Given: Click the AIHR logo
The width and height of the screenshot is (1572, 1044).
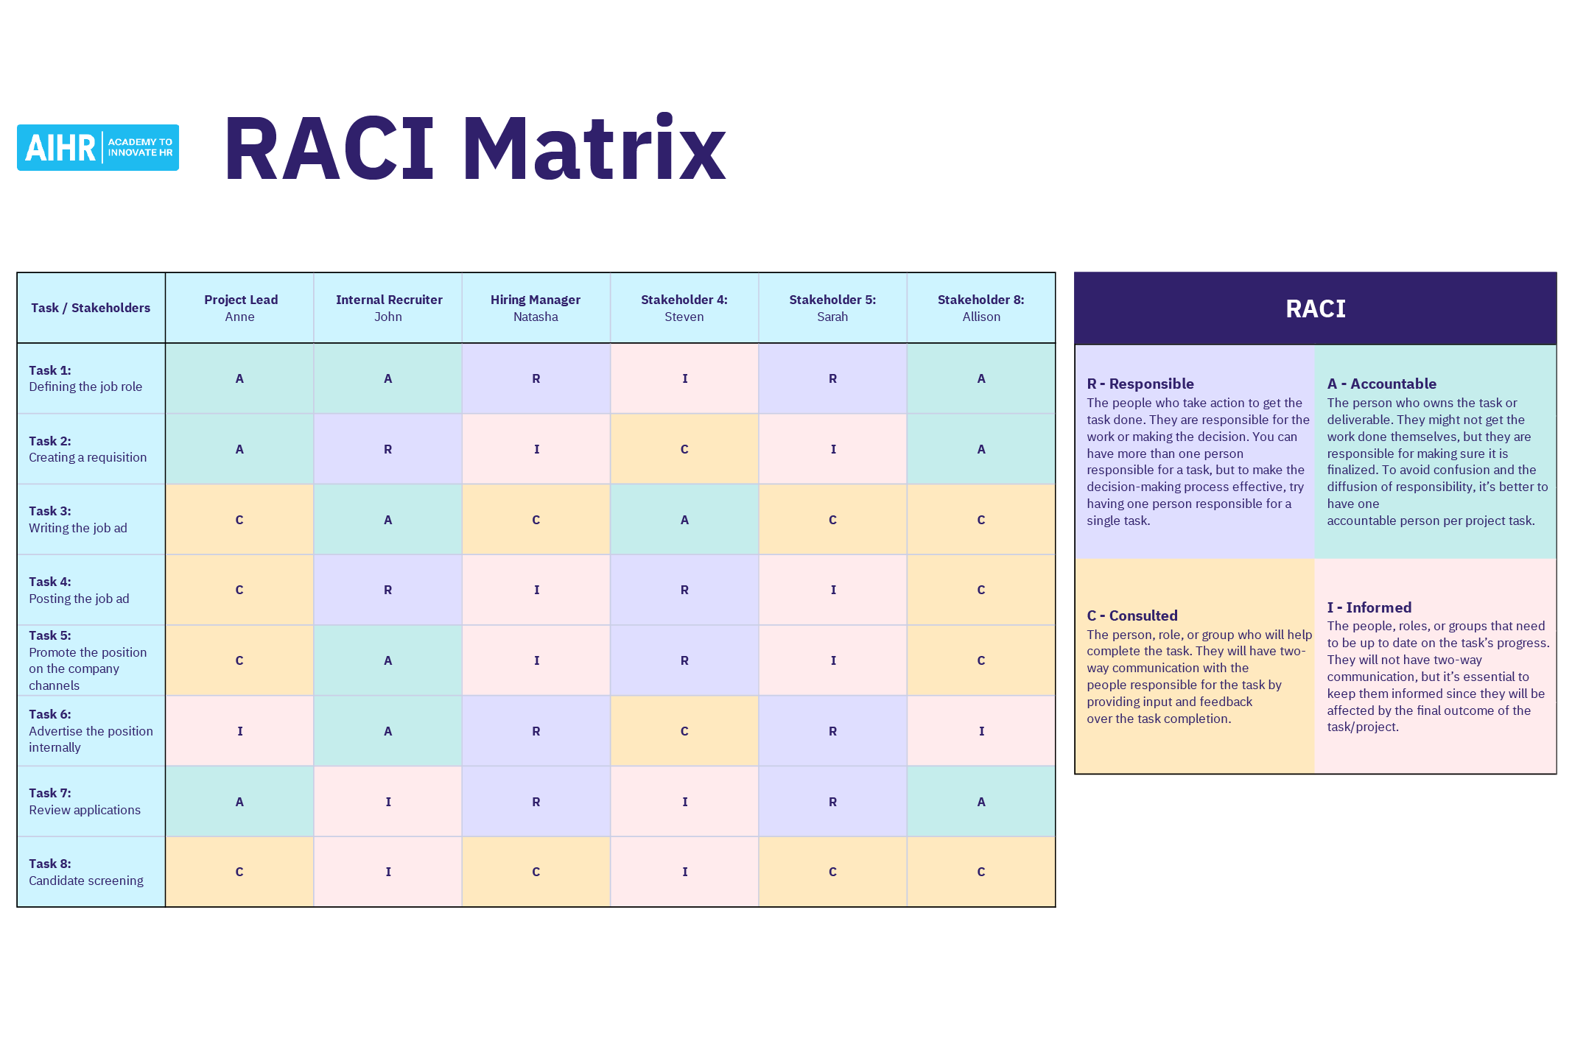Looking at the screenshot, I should (x=98, y=148).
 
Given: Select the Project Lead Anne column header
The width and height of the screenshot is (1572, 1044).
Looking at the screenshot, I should (x=240, y=308).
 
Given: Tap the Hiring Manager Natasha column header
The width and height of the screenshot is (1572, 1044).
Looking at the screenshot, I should (x=536, y=308).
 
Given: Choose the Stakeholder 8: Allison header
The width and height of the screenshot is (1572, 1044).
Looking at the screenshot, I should (x=980, y=308).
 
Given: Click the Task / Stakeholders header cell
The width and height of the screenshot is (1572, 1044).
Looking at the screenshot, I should (x=91, y=308).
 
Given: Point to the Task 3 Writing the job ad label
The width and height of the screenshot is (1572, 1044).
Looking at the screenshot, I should (x=78, y=519).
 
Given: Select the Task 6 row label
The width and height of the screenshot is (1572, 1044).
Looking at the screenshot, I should (x=91, y=730).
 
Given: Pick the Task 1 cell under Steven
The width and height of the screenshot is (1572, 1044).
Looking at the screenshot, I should (x=684, y=378).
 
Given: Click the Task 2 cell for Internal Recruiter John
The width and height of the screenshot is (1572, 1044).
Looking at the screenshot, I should (x=387, y=449).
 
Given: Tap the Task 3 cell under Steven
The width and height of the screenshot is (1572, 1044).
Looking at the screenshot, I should (x=684, y=520).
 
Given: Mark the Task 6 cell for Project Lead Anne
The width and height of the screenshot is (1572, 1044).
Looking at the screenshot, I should (x=240, y=731).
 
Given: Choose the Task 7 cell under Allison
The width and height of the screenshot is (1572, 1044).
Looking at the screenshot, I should (x=980, y=802).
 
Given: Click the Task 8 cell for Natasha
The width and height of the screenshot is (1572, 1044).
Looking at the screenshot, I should (x=536, y=872).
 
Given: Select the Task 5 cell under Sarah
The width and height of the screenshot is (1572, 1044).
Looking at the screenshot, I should (x=832, y=660).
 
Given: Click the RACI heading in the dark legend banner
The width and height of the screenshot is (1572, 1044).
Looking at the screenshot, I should (x=1315, y=308).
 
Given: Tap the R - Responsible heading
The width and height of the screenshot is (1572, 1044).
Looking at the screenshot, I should (x=1140, y=384).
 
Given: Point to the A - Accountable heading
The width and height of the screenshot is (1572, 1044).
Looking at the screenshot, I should (x=1381, y=384).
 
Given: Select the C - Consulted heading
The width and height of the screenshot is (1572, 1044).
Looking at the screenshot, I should (x=1131, y=616).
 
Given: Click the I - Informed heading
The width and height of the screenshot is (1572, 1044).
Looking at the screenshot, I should (x=1369, y=607).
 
